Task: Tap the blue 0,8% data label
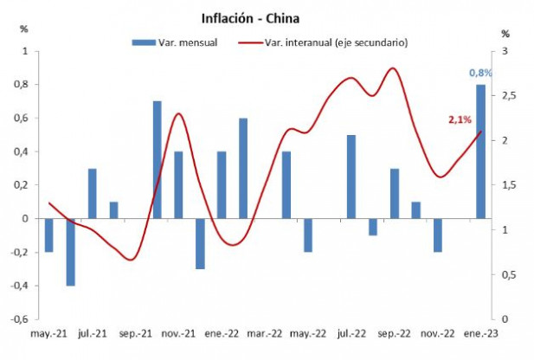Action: pyautogui.click(x=480, y=73)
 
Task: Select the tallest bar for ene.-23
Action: pyautogui.click(x=480, y=151)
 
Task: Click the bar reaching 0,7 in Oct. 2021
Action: pyautogui.click(x=158, y=160)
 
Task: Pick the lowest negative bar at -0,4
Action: pyautogui.click(x=71, y=252)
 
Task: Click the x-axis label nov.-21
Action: pyautogui.click(x=178, y=332)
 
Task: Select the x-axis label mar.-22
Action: pyautogui.click(x=265, y=332)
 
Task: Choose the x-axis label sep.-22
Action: pyautogui.click(x=395, y=332)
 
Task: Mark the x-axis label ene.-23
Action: pyautogui.click(x=479, y=332)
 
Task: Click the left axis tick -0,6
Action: pyautogui.click(x=17, y=319)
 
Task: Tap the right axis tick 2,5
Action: pyautogui.click(x=507, y=96)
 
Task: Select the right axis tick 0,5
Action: pyautogui.click(x=507, y=275)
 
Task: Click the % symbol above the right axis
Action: pyautogui.click(x=506, y=34)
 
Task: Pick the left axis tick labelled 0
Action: pyautogui.click(x=25, y=219)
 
